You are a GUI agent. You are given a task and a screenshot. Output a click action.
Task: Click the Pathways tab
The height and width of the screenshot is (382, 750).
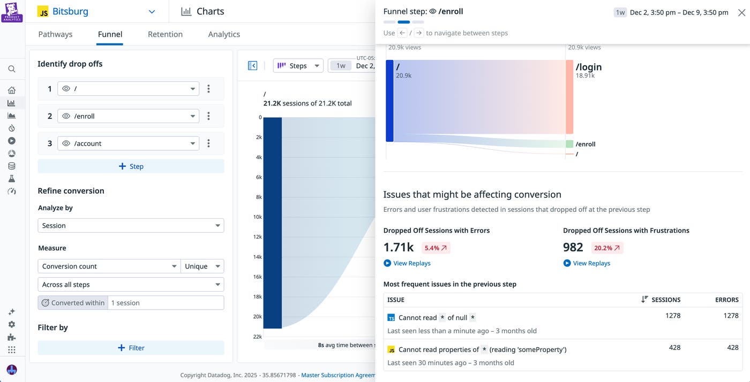click(x=55, y=34)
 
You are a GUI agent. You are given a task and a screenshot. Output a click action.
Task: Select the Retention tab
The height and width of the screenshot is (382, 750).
click(x=165, y=34)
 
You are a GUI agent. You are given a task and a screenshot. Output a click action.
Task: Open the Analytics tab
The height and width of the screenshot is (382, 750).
click(x=224, y=34)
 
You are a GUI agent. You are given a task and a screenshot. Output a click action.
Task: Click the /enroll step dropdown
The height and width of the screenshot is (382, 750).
click(x=128, y=116)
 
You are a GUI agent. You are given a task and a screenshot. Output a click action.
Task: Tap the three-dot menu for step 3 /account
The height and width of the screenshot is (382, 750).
click(x=208, y=143)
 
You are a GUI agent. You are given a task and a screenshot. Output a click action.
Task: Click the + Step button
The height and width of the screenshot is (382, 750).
click(x=131, y=166)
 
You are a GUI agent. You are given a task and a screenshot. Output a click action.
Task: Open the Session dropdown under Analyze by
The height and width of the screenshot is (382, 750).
click(x=131, y=226)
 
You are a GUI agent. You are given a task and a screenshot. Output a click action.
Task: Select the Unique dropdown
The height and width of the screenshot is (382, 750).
click(x=202, y=266)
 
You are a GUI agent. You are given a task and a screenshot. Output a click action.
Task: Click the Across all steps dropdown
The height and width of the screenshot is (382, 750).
click(x=131, y=285)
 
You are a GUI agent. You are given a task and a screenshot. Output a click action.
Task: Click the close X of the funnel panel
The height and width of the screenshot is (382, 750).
click(x=741, y=12)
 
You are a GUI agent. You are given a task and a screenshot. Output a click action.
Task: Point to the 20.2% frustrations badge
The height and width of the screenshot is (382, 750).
click(x=607, y=248)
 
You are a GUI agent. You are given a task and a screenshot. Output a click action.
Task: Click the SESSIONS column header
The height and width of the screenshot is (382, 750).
click(x=665, y=300)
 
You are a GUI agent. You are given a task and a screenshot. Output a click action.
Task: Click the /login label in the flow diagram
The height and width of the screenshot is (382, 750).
click(x=588, y=67)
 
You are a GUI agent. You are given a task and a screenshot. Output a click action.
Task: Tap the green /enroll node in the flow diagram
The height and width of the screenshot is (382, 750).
click(x=569, y=144)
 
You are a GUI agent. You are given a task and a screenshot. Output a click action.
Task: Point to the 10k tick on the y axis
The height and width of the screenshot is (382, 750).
click(x=257, y=217)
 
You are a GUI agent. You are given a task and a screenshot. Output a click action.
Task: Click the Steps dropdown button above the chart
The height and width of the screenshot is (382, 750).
click(x=298, y=66)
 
